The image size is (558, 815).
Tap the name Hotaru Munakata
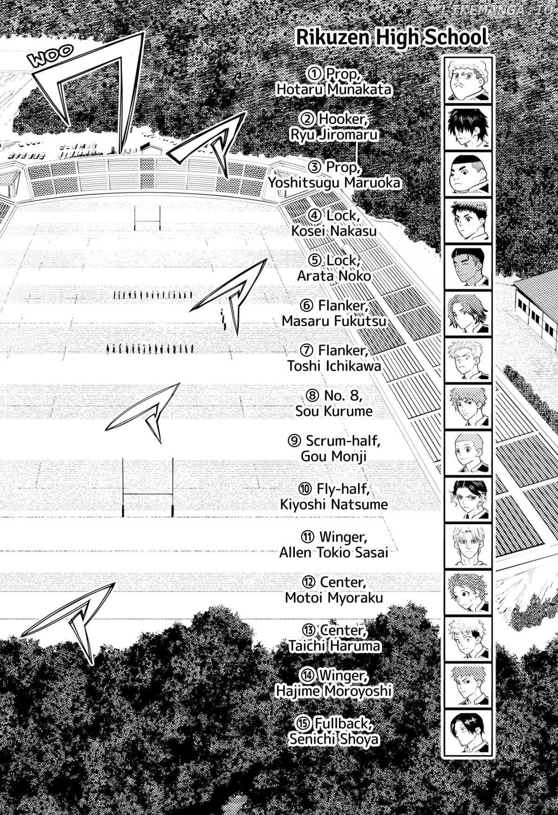click(333, 90)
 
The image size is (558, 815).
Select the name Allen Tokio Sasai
click(333, 553)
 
